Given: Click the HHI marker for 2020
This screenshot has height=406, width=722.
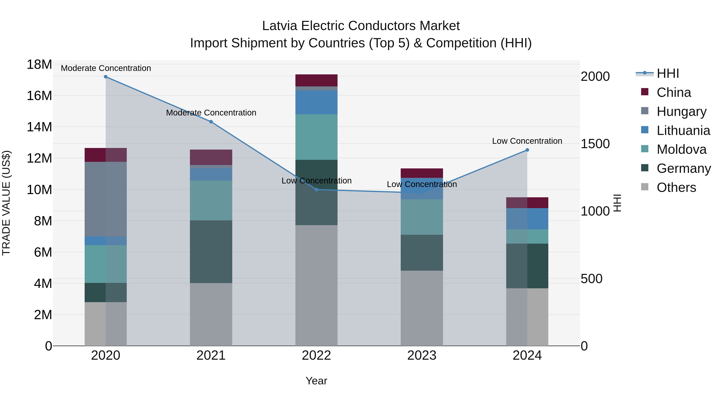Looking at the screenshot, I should (x=106, y=77).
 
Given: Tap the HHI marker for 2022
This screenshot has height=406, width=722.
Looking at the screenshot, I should (x=316, y=190).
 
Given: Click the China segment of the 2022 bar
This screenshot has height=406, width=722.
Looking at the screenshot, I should (x=316, y=80).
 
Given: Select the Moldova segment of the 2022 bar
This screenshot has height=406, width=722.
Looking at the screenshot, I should (x=316, y=137).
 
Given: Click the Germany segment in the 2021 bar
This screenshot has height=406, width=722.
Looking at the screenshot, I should (x=211, y=252).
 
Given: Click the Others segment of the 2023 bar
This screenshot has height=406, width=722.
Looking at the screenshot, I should (x=422, y=308).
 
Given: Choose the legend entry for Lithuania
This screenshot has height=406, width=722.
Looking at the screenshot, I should (x=683, y=131).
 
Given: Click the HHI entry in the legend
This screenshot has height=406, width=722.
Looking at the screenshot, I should (x=668, y=73).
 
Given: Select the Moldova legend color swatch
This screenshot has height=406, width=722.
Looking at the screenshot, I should (x=645, y=149).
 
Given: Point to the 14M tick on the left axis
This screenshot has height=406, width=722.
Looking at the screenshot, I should (x=39, y=127).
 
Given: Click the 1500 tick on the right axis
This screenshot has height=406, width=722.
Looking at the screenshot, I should (x=595, y=144).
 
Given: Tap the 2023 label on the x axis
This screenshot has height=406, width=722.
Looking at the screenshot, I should (x=422, y=355).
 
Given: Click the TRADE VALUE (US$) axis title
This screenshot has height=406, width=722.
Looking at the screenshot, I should (x=6, y=203).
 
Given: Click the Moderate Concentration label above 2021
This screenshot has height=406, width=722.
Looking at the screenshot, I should (x=211, y=113).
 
